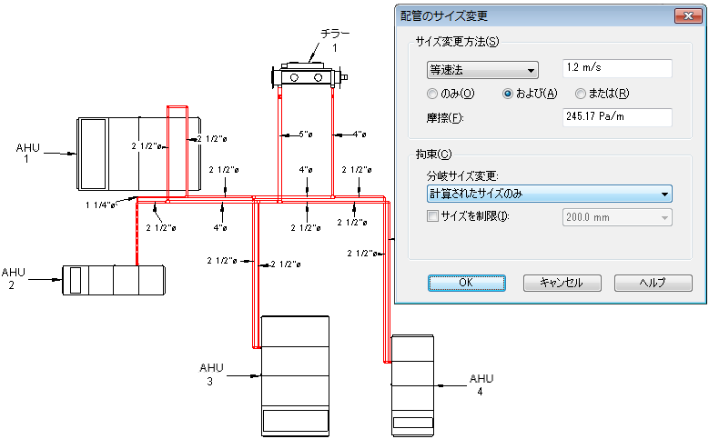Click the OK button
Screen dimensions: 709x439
(467, 283)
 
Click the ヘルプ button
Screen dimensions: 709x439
(653, 283)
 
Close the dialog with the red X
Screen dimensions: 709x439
(688, 15)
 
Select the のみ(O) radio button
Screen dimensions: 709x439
(432, 94)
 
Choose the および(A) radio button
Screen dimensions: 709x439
(508, 94)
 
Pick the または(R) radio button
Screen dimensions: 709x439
(580, 94)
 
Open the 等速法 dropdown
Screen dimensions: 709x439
(482, 70)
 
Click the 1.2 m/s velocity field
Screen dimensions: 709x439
(617, 68)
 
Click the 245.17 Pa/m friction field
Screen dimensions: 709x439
(617, 117)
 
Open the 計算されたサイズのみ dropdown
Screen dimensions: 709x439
(550, 194)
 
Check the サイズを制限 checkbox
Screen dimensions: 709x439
(432, 216)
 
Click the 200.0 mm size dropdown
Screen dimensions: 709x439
(617, 217)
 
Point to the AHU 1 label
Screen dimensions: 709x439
(27, 153)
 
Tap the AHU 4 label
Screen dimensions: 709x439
(481, 384)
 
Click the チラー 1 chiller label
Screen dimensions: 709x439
(335, 40)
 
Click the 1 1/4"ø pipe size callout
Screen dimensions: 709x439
(100, 205)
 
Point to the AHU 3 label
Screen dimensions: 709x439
(211, 374)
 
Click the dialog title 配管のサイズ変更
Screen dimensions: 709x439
(444, 16)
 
